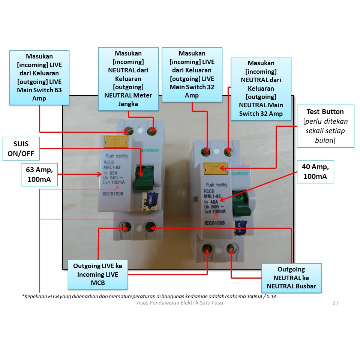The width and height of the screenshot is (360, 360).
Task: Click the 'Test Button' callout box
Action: click(325, 126)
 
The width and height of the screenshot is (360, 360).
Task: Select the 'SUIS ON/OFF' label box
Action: click(21, 148)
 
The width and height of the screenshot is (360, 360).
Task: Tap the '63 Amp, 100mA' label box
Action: click(39, 175)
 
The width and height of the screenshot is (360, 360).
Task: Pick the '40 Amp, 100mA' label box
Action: click(315, 172)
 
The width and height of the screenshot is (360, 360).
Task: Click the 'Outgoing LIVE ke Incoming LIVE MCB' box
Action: click(97, 274)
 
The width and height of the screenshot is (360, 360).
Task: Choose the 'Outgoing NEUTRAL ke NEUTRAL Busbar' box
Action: click(291, 278)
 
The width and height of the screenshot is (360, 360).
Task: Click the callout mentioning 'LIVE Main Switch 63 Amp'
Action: click(39, 78)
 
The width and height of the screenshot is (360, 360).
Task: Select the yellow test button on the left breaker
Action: click(117, 142)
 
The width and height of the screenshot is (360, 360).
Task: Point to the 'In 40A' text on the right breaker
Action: click(211, 202)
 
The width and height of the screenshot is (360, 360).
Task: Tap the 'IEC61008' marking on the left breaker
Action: click(113, 194)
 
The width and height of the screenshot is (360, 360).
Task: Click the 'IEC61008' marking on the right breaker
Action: click(214, 223)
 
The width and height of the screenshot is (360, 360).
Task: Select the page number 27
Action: click(335, 303)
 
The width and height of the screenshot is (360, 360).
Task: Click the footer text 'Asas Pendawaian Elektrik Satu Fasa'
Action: click(180, 303)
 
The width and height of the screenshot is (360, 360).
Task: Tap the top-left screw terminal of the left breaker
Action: click(129, 131)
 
